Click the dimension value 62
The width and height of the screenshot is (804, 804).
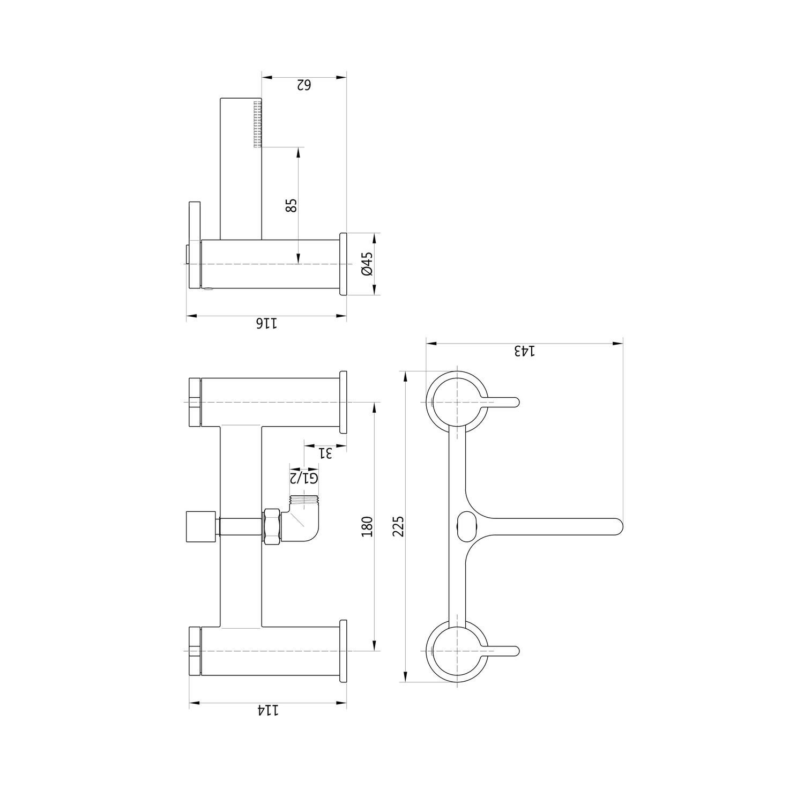(x=303, y=85)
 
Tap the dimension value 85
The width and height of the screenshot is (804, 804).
(x=291, y=205)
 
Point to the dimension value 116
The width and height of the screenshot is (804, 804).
(x=266, y=323)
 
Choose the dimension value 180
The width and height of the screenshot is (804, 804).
(x=367, y=526)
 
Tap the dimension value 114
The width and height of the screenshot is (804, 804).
(x=268, y=710)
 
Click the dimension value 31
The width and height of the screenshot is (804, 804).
(x=325, y=453)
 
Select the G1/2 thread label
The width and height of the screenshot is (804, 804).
(x=304, y=477)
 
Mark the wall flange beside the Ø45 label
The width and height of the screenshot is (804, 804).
(x=343, y=264)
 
